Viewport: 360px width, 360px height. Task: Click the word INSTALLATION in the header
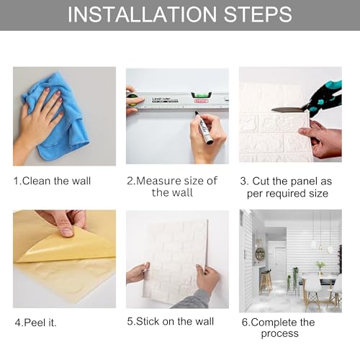143,14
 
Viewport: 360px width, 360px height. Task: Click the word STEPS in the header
258,14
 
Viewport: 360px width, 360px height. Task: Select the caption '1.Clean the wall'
52,181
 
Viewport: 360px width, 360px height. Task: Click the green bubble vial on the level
202,96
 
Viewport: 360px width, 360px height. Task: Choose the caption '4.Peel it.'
35,323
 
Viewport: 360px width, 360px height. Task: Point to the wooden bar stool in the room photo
266,282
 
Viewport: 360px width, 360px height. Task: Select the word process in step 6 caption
280,334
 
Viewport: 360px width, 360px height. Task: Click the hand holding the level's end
132,100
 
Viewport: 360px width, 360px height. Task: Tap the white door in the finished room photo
280,259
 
